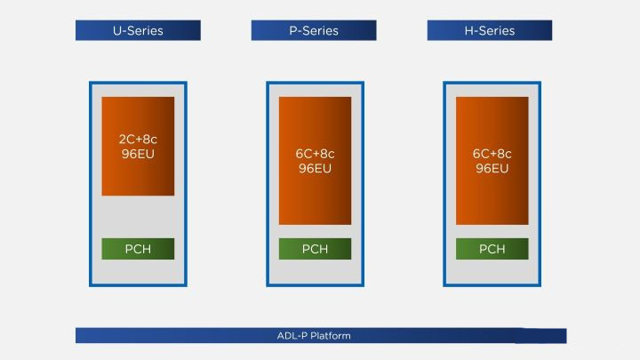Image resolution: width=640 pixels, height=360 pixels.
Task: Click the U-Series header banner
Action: [138, 30]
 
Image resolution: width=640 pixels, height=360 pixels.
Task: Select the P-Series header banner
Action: [314, 30]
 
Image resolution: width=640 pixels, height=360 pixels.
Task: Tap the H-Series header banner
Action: [490, 30]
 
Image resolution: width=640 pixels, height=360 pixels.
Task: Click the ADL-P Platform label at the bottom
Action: [314, 336]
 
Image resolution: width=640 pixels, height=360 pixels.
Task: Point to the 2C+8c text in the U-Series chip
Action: [138, 139]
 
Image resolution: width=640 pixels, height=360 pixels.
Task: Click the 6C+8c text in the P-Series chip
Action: [315, 154]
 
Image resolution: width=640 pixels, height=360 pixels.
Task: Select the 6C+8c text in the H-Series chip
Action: [492, 154]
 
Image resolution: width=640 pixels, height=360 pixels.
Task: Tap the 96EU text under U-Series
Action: [138, 153]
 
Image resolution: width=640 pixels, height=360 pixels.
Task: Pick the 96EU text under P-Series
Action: [315, 168]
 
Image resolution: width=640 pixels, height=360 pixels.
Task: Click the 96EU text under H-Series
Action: [492, 168]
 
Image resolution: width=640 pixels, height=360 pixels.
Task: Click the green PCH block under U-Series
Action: [138, 249]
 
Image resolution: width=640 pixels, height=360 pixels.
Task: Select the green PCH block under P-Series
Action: [315, 249]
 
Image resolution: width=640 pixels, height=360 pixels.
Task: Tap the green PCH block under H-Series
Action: [492, 249]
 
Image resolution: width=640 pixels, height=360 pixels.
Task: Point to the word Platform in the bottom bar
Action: [331, 336]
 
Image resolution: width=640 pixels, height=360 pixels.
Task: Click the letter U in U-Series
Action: [116, 30]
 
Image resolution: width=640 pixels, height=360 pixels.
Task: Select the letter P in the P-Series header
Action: [293, 30]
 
